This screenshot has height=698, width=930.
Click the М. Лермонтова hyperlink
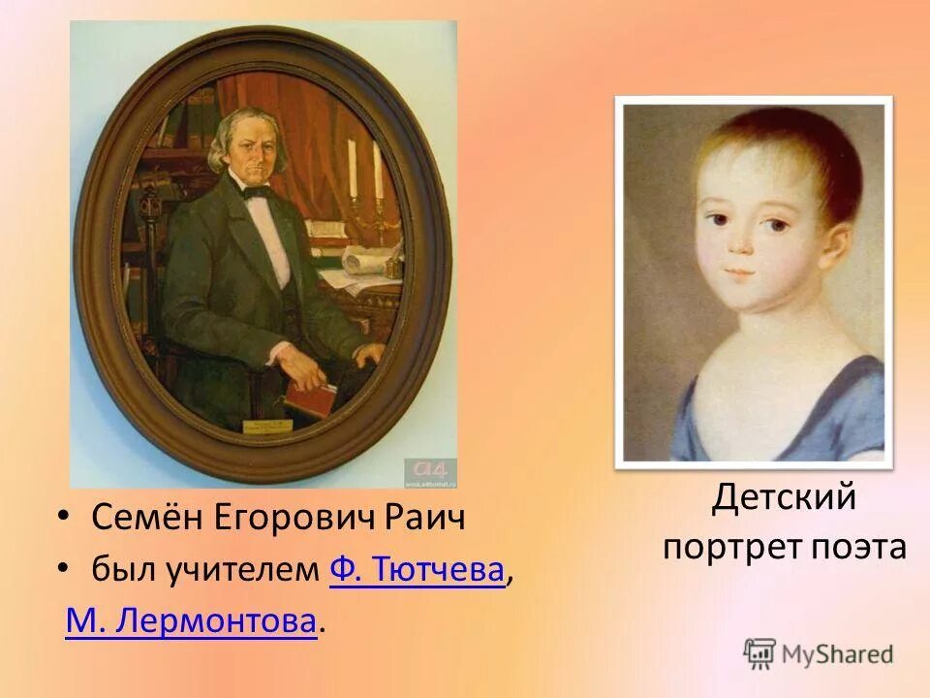(191, 621)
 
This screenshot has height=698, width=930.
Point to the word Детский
(785, 498)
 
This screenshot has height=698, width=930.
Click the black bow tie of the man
(257, 192)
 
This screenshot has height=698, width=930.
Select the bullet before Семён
(64, 519)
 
